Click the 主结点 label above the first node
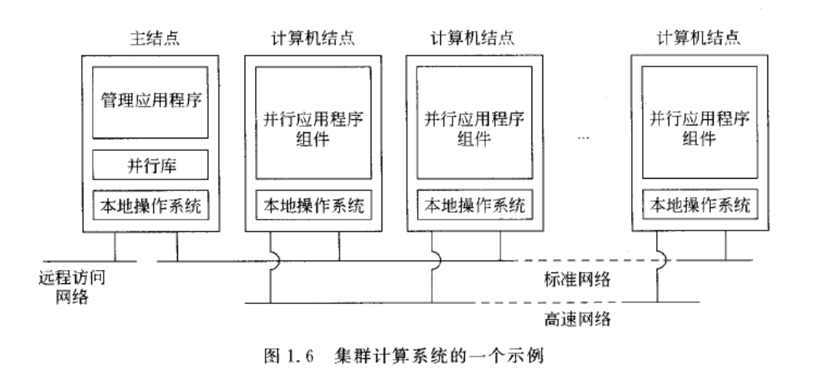[x=155, y=39]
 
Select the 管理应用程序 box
[x=150, y=102]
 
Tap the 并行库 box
[x=150, y=165]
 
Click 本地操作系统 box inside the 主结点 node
[x=151, y=205]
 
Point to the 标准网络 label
[x=577, y=279]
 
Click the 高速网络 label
[x=577, y=319]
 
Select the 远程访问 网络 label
[x=72, y=287]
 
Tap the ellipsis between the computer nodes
[x=583, y=138]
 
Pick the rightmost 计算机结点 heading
[x=699, y=38]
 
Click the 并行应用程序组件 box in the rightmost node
[x=699, y=122]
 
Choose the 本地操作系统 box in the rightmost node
[x=700, y=204]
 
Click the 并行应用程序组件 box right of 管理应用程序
[x=313, y=123]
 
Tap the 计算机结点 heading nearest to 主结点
[x=313, y=39]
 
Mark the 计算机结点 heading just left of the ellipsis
[x=473, y=39]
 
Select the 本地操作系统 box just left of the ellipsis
[x=475, y=204]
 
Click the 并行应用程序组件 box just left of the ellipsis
[x=474, y=122]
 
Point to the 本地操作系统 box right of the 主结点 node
[x=314, y=204]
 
